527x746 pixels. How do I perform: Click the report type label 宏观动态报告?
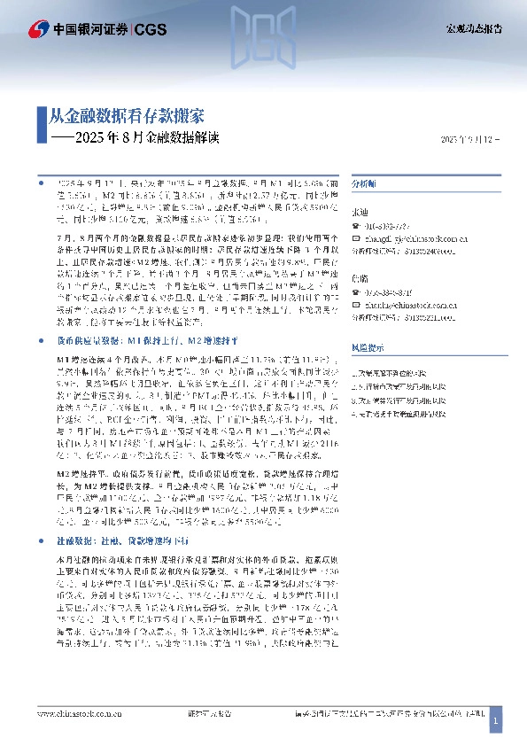[472, 29]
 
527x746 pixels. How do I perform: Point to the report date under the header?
[470, 140]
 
